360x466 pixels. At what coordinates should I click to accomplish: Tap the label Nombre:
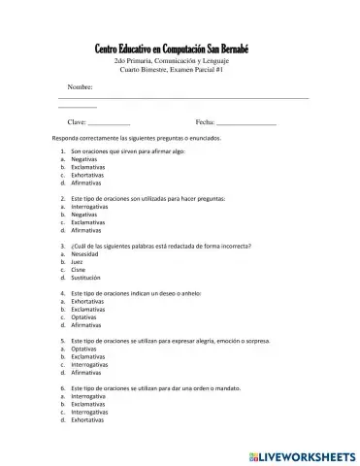(80, 87)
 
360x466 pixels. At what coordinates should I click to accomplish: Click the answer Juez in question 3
(78, 261)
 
